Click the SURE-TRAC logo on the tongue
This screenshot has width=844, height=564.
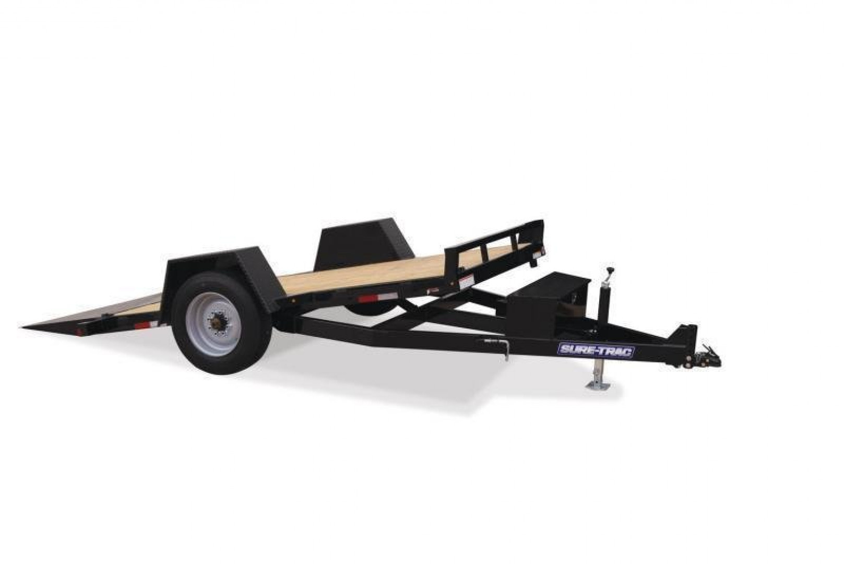(x=596, y=349)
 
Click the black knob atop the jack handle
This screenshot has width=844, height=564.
(x=609, y=271)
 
